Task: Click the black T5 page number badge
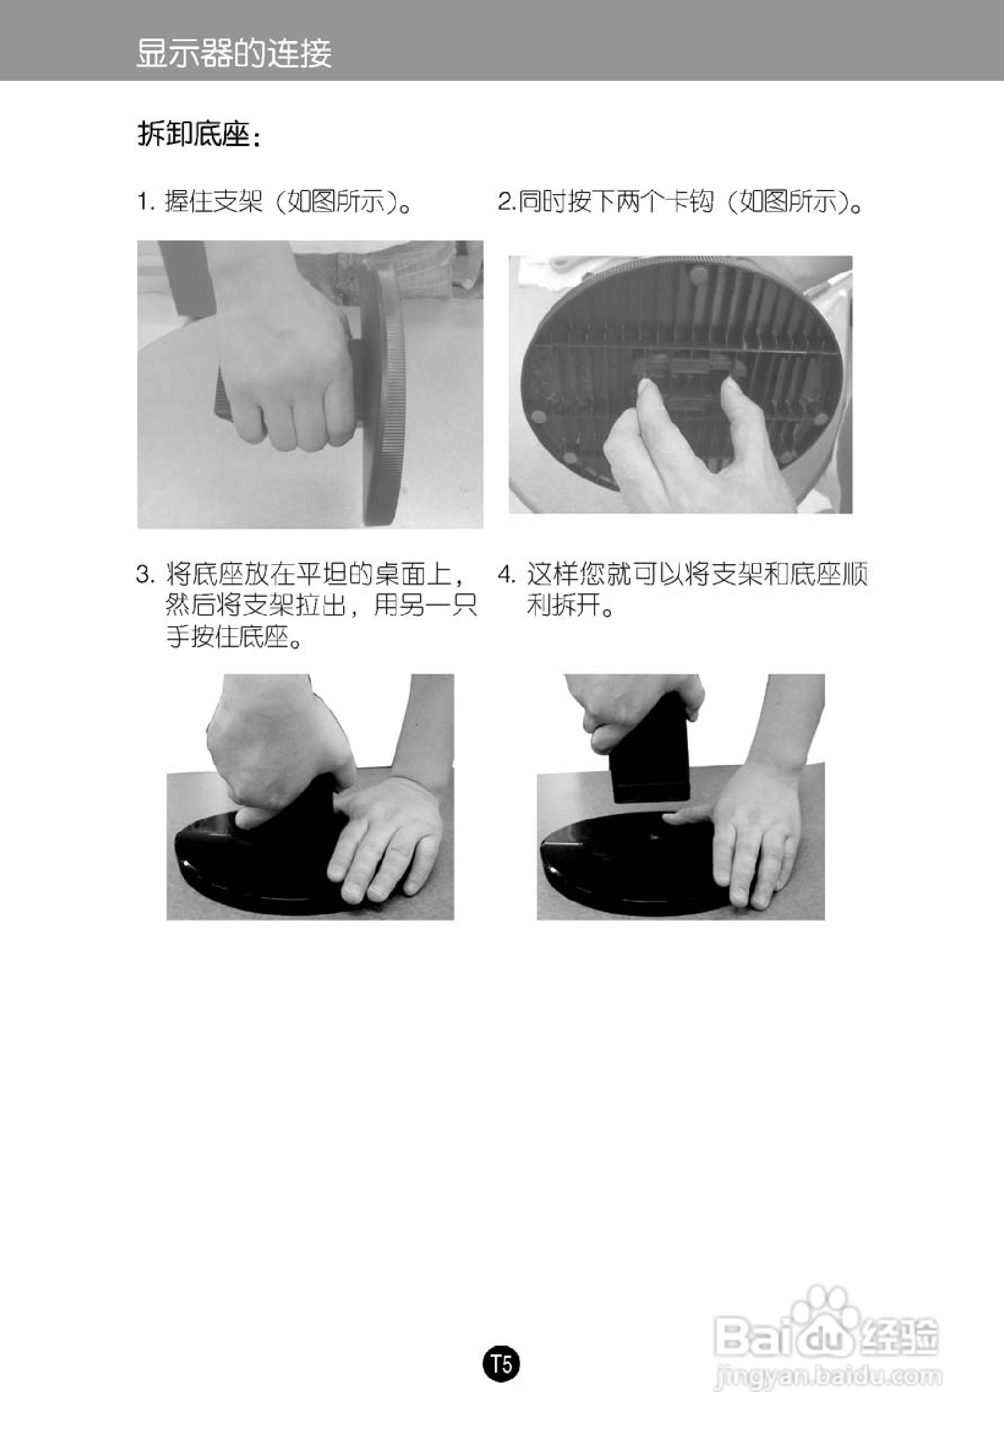[x=502, y=1365]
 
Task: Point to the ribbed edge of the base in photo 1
[x=387, y=399]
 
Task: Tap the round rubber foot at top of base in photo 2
[x=697, y=272]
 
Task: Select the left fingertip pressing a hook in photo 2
[x=645, y=389]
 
